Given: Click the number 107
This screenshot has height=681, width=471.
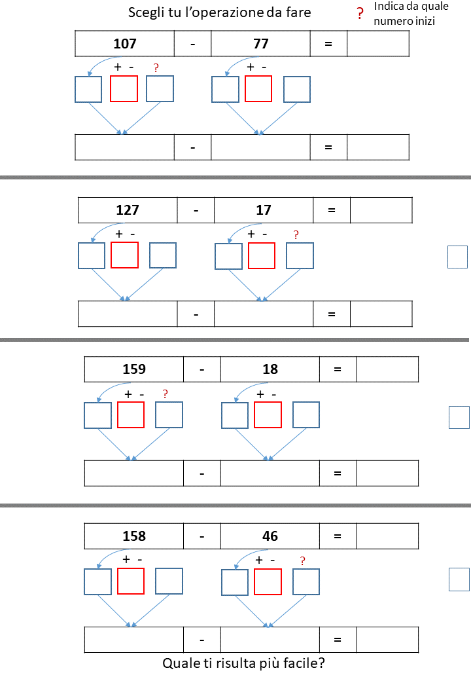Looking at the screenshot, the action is pos(125,43).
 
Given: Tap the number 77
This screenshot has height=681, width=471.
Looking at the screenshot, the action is pos(261,43).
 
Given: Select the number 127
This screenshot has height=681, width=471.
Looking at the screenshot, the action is pos(128,210).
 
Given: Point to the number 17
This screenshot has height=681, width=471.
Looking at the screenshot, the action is pos(264,210).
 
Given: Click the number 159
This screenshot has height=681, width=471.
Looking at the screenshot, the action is pos(134,369).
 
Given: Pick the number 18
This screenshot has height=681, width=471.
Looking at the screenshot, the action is pos(270,369).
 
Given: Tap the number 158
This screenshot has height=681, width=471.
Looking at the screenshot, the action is pos(134,536).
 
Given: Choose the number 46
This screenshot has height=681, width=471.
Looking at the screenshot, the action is pos(270,536).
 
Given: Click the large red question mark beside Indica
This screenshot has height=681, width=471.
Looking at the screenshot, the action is pos(360,14).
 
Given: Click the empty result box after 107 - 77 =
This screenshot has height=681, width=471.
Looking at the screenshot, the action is pos(378,43).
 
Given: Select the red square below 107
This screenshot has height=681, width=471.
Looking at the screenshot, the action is pos(124,89).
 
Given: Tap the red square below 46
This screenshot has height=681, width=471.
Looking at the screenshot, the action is pos(268,581).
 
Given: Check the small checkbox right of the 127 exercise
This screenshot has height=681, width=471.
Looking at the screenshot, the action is pos(457,257).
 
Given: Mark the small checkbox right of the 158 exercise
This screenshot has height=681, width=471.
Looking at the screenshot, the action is pos(459,580).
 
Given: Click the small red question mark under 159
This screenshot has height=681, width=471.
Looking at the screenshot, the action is pos(166,394).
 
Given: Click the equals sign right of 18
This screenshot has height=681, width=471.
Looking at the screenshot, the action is pos(338,369).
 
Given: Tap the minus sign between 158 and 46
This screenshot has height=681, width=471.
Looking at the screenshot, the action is pos(202,537).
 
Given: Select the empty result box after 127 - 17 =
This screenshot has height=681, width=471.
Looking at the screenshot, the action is pos(381,210).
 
